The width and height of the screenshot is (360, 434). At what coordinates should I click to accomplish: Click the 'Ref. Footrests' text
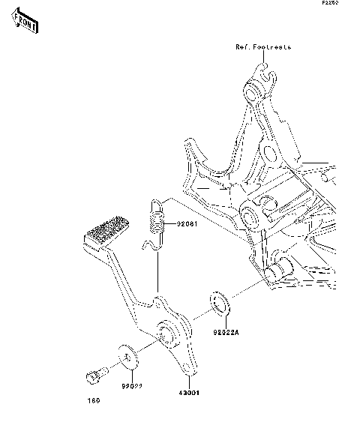click(x=262, y=46)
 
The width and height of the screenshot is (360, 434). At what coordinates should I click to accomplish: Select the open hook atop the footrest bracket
click(x=259, y=71)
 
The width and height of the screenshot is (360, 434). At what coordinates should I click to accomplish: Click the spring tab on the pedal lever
click(x=158, y=301)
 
